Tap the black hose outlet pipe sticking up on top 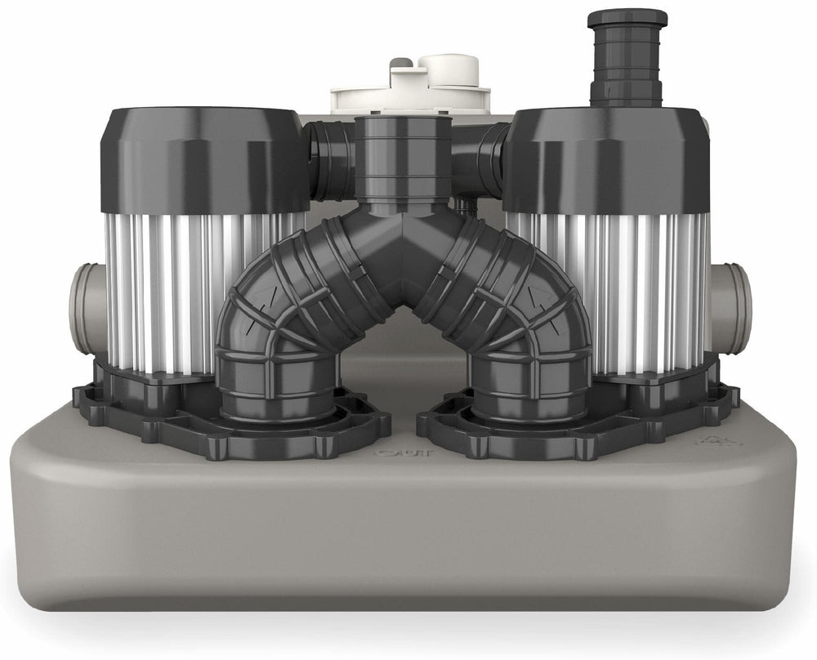(x=627, y=57)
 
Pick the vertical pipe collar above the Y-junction (x=404, y=155)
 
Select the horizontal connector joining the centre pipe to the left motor (x=332, y=159)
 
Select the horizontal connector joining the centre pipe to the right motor (x=482, y=159)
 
